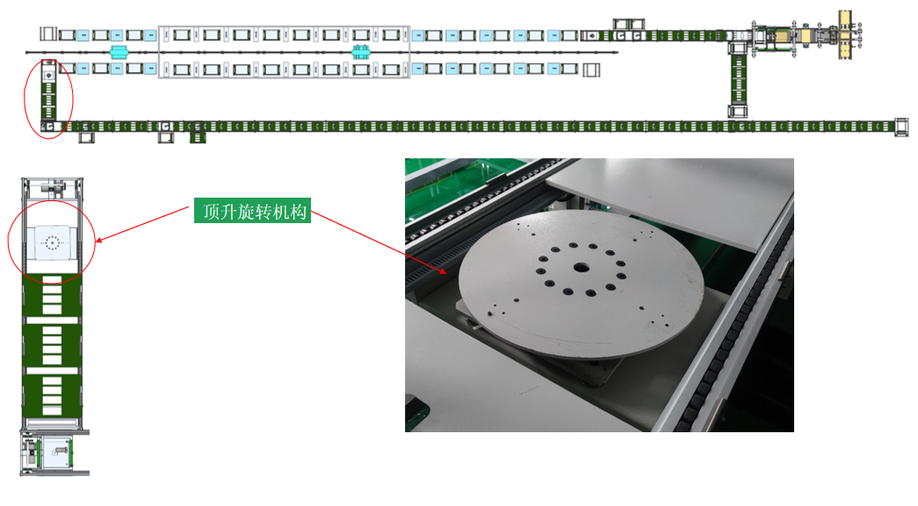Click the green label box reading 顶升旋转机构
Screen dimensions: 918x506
click(252, 211)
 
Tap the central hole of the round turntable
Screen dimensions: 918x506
click(582, 268)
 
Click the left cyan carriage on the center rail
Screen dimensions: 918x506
click(119, 52)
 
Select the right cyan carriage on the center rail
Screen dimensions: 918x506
click(361, 52)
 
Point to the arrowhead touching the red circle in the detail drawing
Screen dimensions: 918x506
click(99, 240)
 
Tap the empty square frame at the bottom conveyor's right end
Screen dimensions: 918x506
click(901, 127)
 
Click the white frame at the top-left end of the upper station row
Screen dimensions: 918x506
click(48, 34)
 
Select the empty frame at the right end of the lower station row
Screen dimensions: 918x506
click(591, 69)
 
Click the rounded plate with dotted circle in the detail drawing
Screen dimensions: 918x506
click(53, 242)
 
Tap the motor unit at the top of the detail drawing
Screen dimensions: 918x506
click(52, 189)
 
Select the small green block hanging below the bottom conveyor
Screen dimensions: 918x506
click(198, 138)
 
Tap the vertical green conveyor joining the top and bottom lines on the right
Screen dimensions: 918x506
click(738, 80)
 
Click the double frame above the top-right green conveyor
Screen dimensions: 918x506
click(629, 24)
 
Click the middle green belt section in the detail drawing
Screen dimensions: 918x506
click(52, 345)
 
